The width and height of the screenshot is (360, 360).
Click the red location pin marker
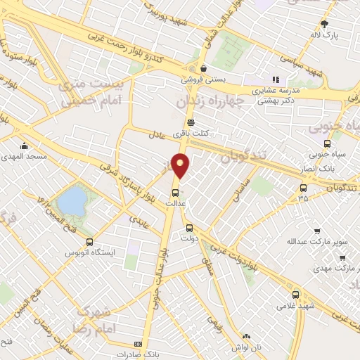[x=181, y=166]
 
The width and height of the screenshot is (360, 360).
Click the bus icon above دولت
[x=188, y=227]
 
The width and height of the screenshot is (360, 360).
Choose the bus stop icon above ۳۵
[x=303, y=188]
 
